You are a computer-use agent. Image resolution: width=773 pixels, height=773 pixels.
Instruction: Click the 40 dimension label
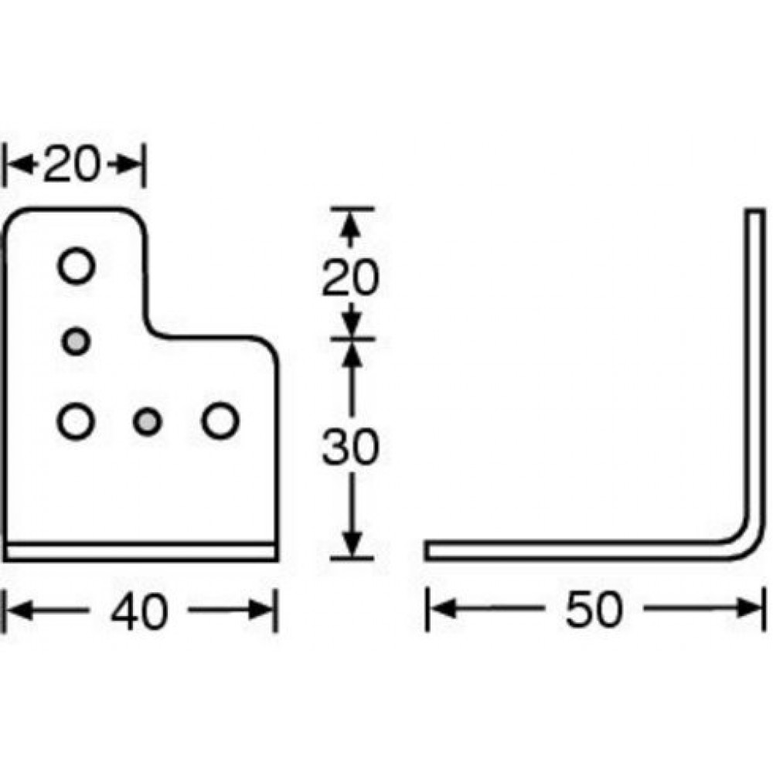[x=139, y=611]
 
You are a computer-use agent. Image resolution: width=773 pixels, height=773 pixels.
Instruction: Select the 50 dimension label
[x=594, y=610]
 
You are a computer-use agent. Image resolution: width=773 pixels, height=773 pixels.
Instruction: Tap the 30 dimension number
[x=350, y=447]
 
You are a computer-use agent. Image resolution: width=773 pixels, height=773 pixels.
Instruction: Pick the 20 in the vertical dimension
[x=350, y=278]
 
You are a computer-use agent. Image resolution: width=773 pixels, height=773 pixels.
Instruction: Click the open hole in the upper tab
[x=77, y=266]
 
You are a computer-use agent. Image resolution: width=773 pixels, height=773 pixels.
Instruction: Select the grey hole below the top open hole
[x=76, y=341]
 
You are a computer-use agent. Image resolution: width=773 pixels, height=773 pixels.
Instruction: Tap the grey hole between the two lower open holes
[x=148, y=422]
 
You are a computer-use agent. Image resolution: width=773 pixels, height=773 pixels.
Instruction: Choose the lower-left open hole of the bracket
[x=77, y=421]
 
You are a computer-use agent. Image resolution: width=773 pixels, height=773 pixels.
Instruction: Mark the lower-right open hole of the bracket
[x=220, y=421]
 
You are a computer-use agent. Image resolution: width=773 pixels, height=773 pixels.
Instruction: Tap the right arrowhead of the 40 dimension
[x=261, y=611]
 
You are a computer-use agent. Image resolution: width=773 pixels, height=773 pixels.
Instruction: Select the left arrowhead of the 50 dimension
[x=442, y=608]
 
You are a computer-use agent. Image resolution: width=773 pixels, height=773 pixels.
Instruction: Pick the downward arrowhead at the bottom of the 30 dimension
[x=352, y=544]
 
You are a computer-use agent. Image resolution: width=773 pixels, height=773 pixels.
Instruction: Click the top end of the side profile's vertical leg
[x=754, y=210]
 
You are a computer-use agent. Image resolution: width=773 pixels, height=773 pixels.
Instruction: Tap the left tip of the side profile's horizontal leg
[x=427, y=551]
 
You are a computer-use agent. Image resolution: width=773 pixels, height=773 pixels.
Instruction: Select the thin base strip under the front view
[x=140, y=553]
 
